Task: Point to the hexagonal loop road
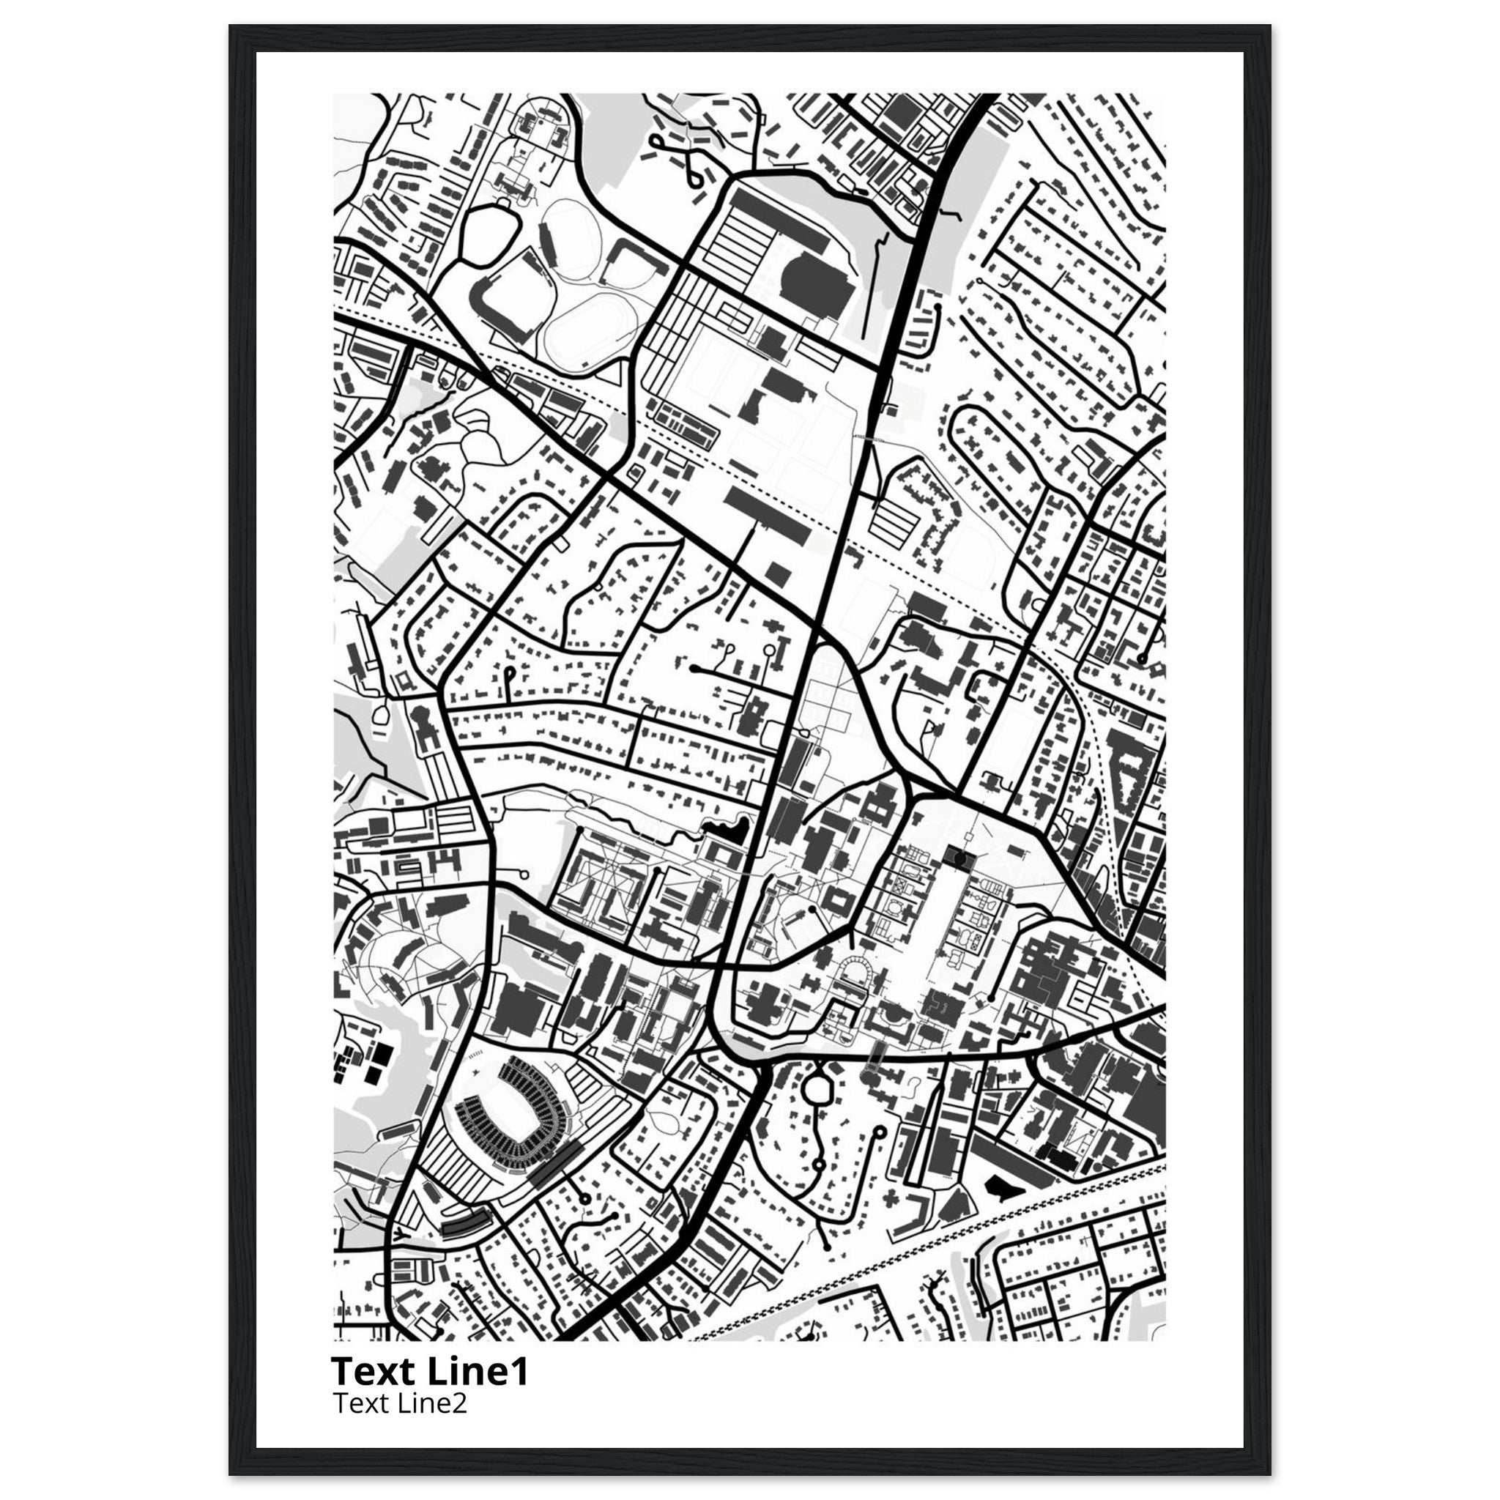[819, 1089]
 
